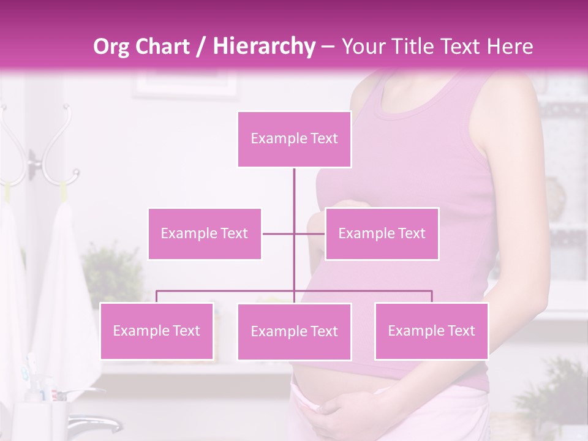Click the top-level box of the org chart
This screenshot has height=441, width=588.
(294, 139)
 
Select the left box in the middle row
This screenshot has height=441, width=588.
(205, 233)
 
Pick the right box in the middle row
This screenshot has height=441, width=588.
(382, 233)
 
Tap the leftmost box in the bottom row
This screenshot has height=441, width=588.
(157, 331)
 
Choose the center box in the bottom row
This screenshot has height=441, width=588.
(294, 331)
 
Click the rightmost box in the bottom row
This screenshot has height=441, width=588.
(431, 331)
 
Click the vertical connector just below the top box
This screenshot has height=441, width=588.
(294, 184)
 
